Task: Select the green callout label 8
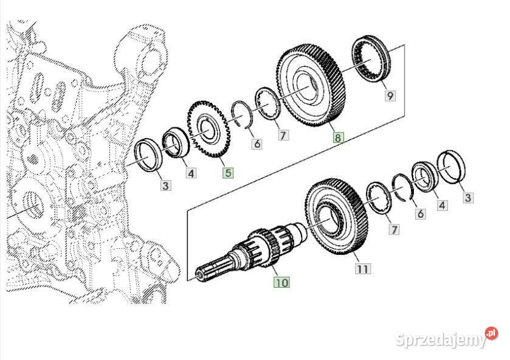tap(337, 137)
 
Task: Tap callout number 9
tap(390, 95)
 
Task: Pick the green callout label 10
tap(281, 282)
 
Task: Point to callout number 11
tap(362, 268)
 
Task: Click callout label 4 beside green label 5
tap(191, 174)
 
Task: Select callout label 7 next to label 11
tap(395, 229)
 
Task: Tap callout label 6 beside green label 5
tap(257, 144)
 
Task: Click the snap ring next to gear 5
tap(243, 116)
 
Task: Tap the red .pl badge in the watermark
tap(491, 333)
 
